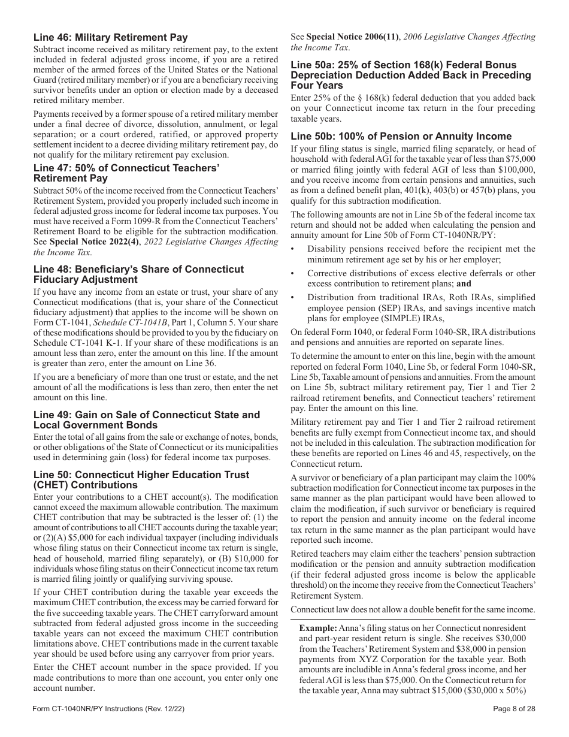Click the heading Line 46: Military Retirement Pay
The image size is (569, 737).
pyautogui.click(x=110, y=38)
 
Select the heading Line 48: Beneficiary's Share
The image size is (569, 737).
pyautogui.click(x=138, y=274)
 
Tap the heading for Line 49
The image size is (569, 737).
pyautogui.click(x=146, y=419)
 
